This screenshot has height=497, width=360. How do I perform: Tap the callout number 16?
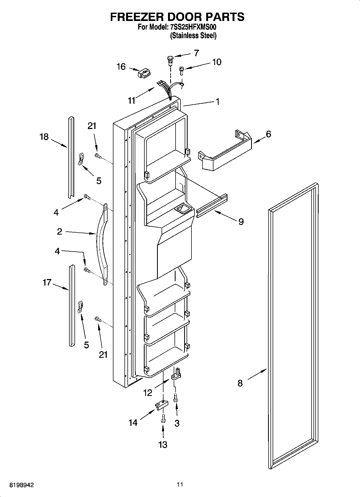[x=121, y=67]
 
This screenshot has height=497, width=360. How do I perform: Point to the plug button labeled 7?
[x=170, y=60]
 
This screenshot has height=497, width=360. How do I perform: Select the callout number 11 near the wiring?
[x=131, y=101]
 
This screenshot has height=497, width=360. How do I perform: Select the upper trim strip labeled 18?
[x=71, y=157]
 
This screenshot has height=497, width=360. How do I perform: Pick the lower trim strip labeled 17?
[x=72, y=305]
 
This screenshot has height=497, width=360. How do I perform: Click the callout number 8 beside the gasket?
[x=240, y=383]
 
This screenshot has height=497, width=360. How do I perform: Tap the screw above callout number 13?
[x=163, y=418]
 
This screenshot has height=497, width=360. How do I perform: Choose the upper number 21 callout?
[x=92, y=126]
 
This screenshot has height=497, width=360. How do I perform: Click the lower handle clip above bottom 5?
[x=80, y=307]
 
